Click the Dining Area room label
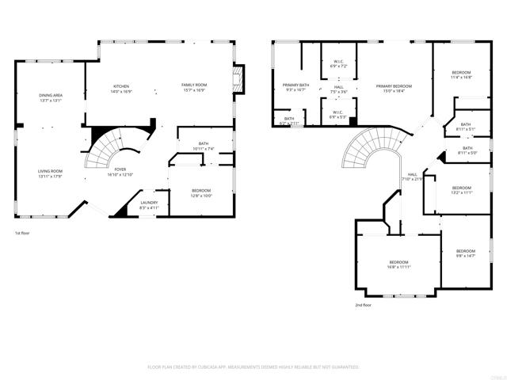[x=51, y=96]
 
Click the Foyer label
[x=120, y=169]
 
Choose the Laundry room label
[x=149, y=203]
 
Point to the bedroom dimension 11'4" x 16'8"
[x=461, y=78]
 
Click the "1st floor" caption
[x=22, y=234]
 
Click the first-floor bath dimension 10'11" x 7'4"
[x=204, y=149]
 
